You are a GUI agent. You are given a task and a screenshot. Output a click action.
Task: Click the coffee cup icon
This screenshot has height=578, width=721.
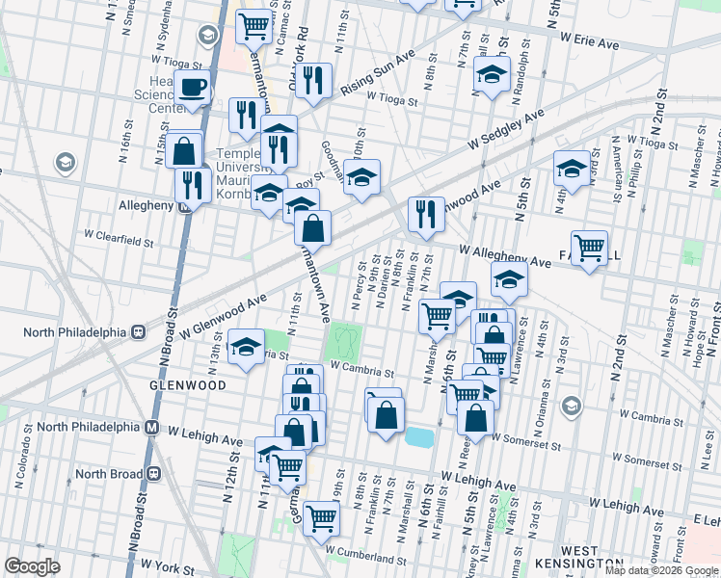point(192,88)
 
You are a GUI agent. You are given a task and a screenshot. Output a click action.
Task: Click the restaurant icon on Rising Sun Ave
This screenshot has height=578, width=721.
point(312,82)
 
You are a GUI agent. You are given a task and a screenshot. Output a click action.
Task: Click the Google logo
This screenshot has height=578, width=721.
point(32,566)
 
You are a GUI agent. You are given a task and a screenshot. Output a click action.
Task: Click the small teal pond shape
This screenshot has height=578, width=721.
point(420,437)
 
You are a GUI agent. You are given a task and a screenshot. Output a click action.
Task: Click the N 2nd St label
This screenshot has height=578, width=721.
point(657,119)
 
